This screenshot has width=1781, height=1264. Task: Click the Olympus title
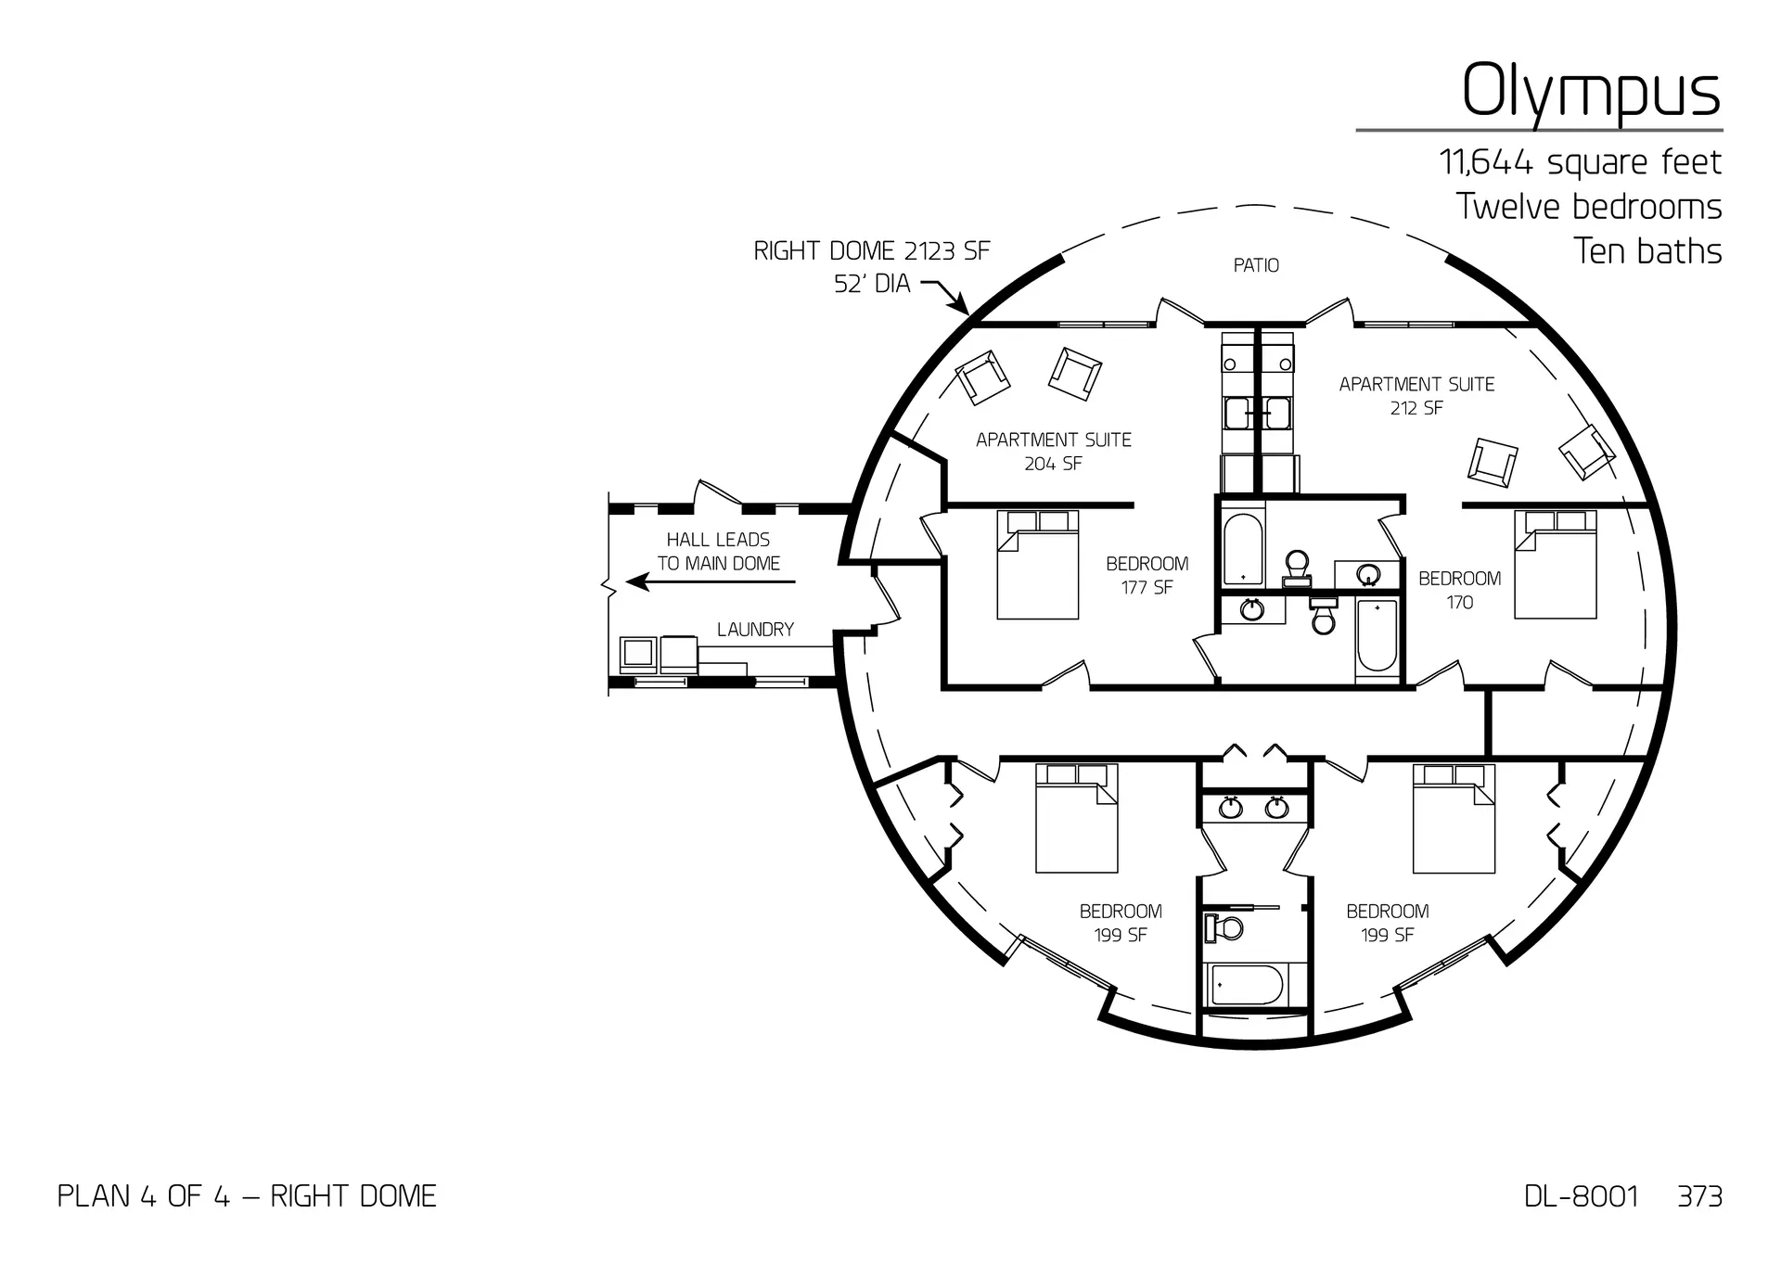coord(1591,93)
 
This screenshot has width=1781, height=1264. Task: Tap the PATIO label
coord(1256,266)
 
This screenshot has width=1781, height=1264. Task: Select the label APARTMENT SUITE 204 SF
coord(1053,452)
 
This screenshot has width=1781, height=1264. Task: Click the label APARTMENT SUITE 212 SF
coord(1416,396)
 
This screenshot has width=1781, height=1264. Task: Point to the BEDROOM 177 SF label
coord(1147,575)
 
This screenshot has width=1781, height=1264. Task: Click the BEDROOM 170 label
coord(1459,590)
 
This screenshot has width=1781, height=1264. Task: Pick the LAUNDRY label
coord(755,630)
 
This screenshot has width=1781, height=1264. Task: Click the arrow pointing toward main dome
coord(710,582)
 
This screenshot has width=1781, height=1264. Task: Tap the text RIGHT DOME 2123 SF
coord(871,251)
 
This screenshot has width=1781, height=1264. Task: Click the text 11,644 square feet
coord(1580,163)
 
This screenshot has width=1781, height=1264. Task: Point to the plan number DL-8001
coord(1581,1196)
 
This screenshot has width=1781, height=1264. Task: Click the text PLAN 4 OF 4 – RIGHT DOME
coord(247,1196)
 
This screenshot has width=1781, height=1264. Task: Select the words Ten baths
coord(1647,251)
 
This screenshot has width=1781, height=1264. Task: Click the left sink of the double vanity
coord(1230,808)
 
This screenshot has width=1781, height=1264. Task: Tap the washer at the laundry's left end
coord(638,654)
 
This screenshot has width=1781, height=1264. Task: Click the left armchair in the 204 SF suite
coord(982,377)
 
